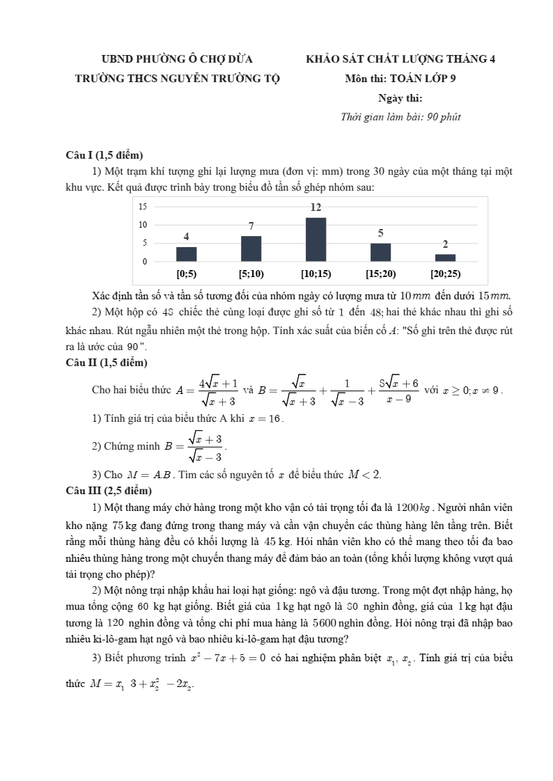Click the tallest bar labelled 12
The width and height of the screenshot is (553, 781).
coord(316,239)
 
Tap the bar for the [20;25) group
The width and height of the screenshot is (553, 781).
coord(445,258)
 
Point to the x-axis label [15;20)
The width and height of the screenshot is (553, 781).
coord(380,274)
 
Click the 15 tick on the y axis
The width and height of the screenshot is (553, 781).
coord(143,207)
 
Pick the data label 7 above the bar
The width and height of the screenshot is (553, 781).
coord(251,226)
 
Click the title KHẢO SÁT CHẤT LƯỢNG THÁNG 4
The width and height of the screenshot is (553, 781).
coord(400,59)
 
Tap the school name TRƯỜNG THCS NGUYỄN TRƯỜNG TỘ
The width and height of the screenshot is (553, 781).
coord(177,79)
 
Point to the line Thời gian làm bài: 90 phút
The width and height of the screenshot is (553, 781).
coord(400,117)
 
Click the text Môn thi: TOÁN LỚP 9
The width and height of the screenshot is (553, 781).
coord(400,79)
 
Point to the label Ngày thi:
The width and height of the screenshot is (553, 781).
coord(400,98)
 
